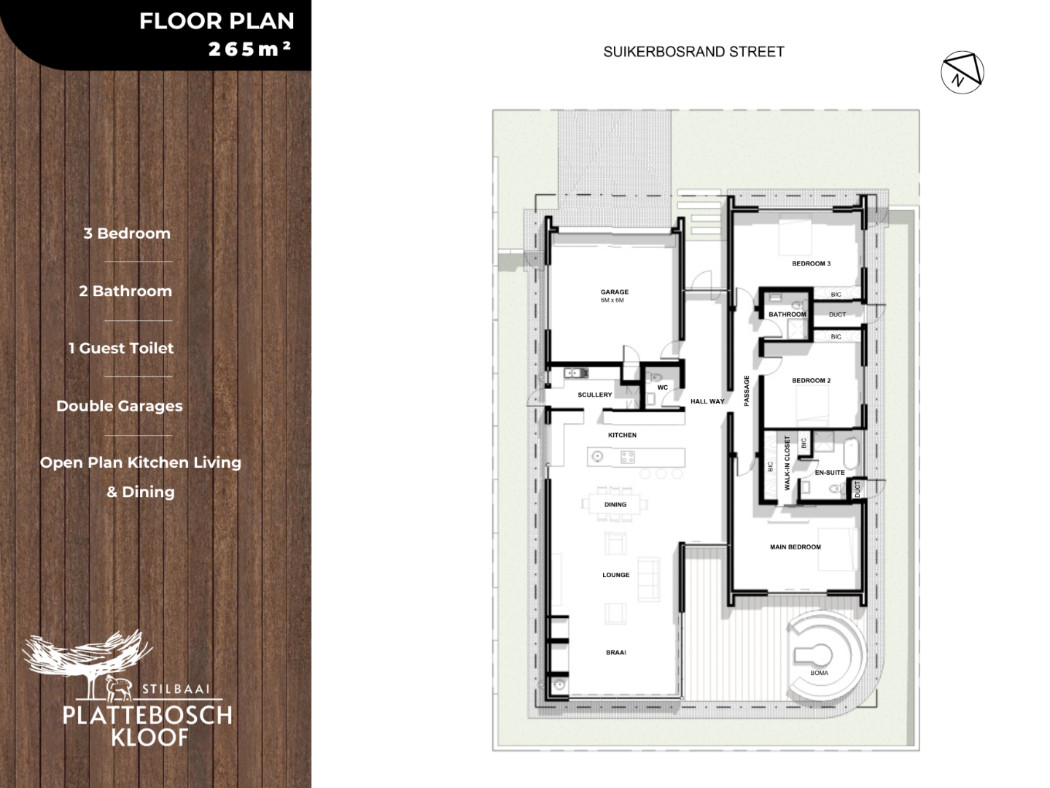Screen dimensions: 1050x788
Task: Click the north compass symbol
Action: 962,72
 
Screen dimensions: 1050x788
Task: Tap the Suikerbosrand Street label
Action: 693,52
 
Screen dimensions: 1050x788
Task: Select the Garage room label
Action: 615,292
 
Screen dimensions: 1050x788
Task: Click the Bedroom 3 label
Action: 812,263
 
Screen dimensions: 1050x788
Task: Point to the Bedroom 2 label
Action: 812,380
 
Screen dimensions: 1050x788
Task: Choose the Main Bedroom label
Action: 795,547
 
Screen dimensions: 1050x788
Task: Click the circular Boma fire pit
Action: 819,655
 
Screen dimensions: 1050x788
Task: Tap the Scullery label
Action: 594,395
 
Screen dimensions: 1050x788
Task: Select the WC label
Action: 663,387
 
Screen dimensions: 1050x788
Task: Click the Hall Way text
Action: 707,401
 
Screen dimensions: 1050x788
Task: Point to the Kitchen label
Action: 622,435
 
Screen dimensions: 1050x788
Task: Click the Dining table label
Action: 615,504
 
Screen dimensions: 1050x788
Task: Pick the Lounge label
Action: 615,575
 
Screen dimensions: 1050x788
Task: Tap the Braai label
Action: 615,652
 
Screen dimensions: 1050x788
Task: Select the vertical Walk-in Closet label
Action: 787,463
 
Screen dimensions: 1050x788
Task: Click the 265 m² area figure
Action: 249,49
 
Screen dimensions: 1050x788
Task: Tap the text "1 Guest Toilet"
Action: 121,348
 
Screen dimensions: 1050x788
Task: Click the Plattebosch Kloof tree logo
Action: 87,664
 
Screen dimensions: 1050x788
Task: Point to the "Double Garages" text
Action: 120,406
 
